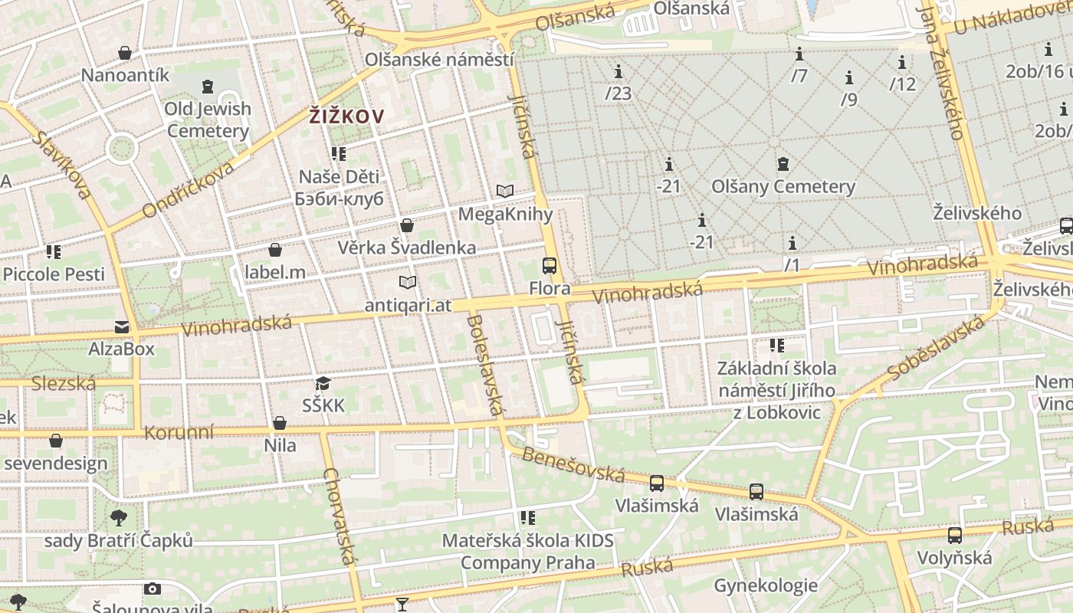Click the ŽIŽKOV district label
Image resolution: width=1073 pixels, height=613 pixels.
click(x=346, y=116)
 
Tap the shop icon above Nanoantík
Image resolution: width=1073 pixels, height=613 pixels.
click(x=125, y=53)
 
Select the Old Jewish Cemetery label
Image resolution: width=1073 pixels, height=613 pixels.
click(x=208, y=120)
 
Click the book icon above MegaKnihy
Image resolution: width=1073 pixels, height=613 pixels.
click(x=504, y=191)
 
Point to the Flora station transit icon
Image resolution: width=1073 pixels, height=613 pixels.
click(x=550, y=266)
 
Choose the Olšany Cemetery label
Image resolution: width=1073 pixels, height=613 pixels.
click(x=783, y=186)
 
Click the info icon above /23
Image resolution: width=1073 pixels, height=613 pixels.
click(x=619, y=72)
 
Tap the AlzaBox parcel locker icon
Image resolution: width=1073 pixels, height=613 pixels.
click(x=122, y=327)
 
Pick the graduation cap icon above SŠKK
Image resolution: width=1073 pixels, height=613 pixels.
click(x=323, y=383)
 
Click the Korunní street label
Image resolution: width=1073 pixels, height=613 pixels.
click(x=179, y=432)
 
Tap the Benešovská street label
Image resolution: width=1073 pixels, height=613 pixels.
click(x=573, y=464)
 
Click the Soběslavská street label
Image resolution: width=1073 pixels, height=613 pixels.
click(x=936, y=348)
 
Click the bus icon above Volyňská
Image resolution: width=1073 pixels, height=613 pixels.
click(x=954, y=535)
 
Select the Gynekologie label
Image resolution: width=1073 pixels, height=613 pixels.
click(x=766, y=586)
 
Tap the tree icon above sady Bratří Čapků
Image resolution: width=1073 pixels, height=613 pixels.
click(x=119, y=518)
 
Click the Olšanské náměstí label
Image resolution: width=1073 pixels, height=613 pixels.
click(x=439, y=59)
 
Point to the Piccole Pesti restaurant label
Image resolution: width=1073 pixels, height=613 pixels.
click(x=54, y=274)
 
